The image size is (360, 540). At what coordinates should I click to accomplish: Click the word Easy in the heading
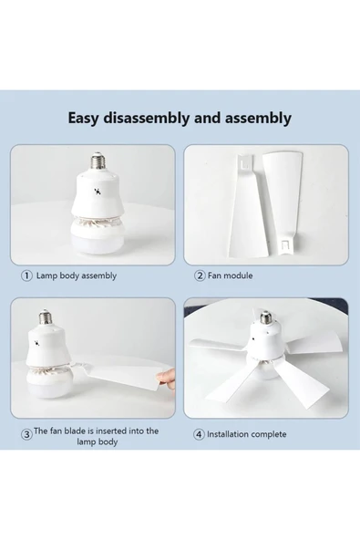point(87,118)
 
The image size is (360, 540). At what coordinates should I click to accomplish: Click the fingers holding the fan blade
point(161,374)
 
